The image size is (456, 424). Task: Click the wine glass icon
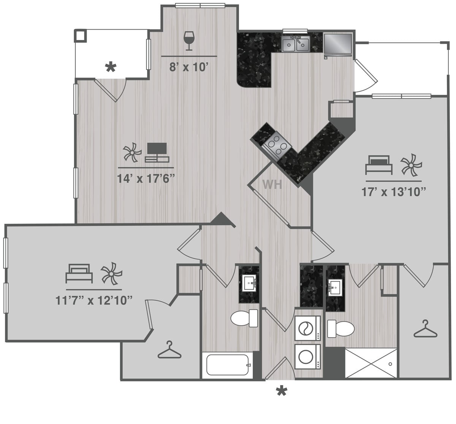(188, 41)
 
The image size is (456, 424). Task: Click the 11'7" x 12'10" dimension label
(94, 300)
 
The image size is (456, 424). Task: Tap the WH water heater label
(272, 185)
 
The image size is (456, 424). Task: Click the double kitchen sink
(295, 45)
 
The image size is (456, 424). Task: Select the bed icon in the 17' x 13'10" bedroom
(378, 165)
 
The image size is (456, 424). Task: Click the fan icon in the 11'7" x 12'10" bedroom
(111, 273)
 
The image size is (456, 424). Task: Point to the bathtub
(227, 365)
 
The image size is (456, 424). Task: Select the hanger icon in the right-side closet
(426, 330)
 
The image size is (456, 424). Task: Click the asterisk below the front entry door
(281, 391)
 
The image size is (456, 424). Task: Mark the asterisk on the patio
(110, 68)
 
